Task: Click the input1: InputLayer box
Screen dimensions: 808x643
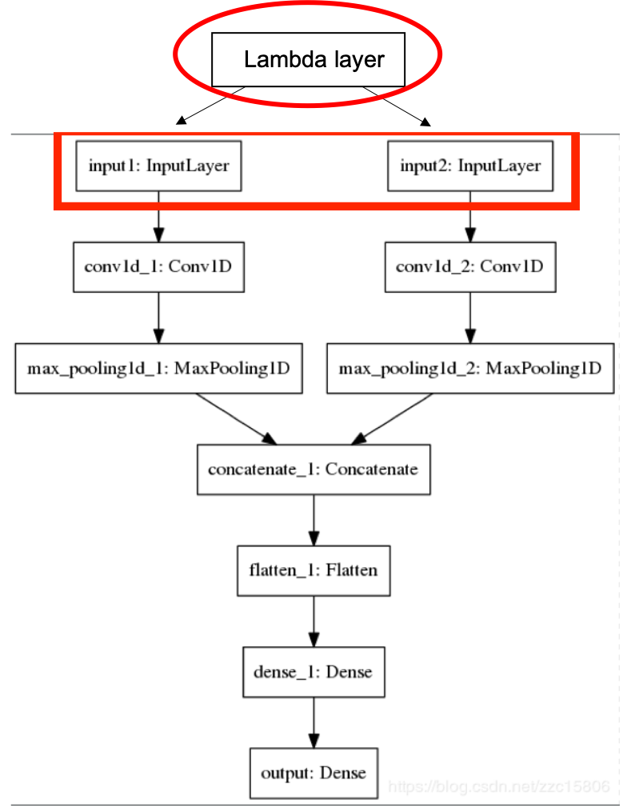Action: (158, 166)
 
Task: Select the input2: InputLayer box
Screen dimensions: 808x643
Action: (470, 166)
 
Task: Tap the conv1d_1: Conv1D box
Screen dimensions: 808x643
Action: (158, 266)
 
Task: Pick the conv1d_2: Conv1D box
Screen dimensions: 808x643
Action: (470, 266)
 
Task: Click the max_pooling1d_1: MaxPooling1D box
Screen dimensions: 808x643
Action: (158, 369)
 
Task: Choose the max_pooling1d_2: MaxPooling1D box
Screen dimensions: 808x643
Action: (470, 369)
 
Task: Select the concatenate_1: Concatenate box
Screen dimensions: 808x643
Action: (314, 470)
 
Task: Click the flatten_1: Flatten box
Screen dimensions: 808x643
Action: (314, 571)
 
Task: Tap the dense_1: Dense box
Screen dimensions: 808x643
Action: (314, 672)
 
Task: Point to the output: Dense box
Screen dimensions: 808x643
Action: (314, 773)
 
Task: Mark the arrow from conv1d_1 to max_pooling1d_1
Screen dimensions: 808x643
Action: (158, 318)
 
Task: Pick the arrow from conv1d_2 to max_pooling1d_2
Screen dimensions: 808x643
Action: (470, 318)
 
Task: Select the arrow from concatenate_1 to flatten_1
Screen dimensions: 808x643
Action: (314, 520)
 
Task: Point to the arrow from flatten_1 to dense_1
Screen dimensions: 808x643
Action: (314, 622)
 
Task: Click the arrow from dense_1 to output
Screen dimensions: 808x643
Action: (314, 722)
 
